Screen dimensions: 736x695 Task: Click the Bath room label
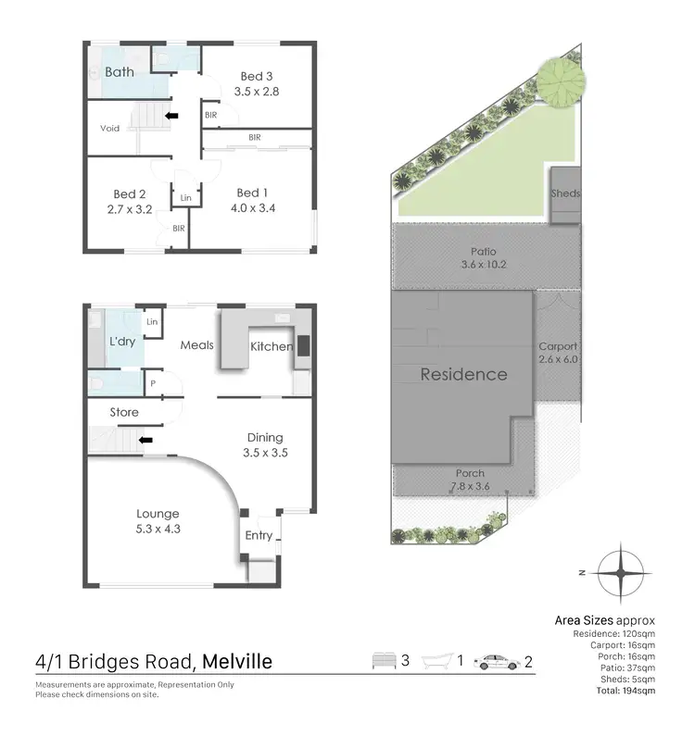tap(119, 72)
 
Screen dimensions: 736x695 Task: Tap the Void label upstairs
tap(111, 128)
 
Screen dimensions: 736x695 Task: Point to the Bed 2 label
tap(130, 193)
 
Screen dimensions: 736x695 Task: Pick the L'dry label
tap(122, 342)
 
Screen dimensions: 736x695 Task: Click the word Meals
tap(196, 345)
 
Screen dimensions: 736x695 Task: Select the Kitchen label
tap(272, 346)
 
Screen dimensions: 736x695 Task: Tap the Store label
tap(123, 412)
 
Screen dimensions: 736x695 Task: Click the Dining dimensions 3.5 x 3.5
tap(264, 454)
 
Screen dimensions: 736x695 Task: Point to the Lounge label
tap(157, 514)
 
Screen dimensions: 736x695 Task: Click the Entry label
tap(259, 535)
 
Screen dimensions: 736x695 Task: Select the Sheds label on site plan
tap(564, 194)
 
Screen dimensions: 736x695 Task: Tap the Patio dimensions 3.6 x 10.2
tap(483, 265)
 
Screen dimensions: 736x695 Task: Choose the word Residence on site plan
tap(463, 375)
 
